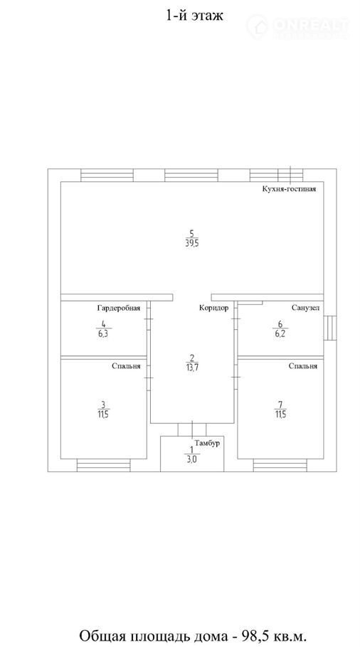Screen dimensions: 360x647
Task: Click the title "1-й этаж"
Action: [194, 16]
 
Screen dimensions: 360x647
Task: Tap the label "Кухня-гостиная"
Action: [289, 189]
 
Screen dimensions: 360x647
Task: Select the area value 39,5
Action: [191, 242]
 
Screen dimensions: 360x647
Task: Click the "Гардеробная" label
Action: [119, 308]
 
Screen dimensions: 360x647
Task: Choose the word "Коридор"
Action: [213, 308]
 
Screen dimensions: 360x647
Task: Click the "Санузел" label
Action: [305, 308]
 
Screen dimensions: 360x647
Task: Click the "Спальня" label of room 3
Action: [126, 365]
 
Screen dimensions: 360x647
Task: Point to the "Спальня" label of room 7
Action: [303, 365]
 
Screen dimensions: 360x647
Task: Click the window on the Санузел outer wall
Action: [330, 328]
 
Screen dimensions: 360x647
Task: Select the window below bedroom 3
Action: [104, 466]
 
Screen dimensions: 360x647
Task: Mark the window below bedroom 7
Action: [280, 466]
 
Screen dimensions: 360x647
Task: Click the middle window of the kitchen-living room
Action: [191, 176]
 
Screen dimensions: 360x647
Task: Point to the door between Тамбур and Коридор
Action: [192, 429]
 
